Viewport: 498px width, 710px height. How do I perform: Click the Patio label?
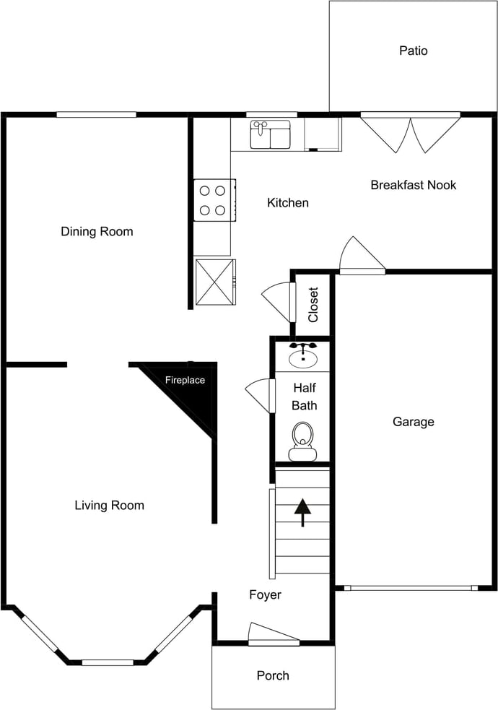413,51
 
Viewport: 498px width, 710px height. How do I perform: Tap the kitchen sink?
271,134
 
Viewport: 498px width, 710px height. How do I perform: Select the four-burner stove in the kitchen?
215,200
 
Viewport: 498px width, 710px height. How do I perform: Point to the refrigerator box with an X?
215,282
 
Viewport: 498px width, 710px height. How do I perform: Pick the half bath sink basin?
302,356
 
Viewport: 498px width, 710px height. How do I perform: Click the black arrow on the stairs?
302,513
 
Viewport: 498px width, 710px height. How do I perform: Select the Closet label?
313,305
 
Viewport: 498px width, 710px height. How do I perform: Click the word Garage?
413,422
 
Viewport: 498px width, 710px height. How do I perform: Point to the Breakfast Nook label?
413,185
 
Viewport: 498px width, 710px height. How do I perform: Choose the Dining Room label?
97,231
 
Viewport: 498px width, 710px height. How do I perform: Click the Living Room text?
110,506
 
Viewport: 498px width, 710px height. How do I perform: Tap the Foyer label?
265,594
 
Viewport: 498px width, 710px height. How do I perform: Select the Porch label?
273,675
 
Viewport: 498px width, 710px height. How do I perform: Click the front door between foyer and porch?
274,634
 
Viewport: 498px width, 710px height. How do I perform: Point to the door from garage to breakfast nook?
362,256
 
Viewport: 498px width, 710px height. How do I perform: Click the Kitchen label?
288,202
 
